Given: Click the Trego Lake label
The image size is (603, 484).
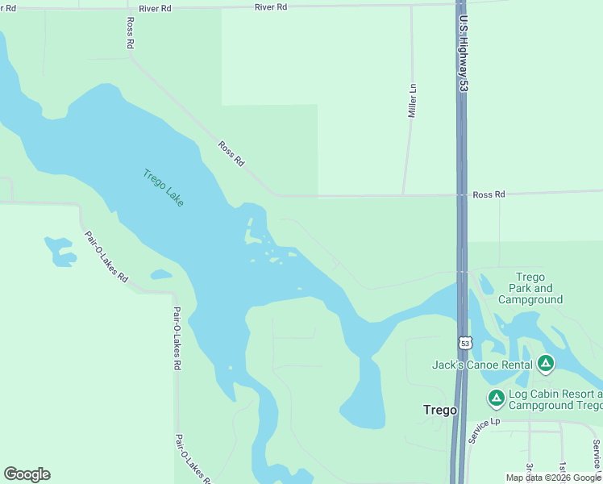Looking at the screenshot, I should pyautogui.click(x=164, y=187).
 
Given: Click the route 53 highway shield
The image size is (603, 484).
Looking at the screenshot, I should pyautogui.click(x=464, y=343).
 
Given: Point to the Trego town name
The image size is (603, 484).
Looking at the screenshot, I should pyautogui.click(x=440, y=410).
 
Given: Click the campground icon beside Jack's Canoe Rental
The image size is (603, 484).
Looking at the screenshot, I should pyautogui.click(x=546, y=365).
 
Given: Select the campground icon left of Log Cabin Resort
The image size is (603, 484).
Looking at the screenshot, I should pyautogui.click(x=497, y=398).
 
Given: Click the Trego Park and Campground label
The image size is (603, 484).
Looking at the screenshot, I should pyautogui.click(x=530, y=288).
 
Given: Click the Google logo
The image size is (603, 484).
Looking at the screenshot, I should pyautogui.click(x=27, y=474).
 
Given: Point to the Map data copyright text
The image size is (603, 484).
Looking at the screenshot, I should pyautogui.click(x=553, y=478).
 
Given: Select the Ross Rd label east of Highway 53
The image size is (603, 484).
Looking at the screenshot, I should pyautogui.click(x=489, y=194).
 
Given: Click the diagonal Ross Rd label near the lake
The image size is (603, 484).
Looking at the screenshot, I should pyautogui.click(x=231, y=153).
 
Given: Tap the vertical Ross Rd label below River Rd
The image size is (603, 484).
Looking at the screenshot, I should pyautogui.click(x=129, y=33).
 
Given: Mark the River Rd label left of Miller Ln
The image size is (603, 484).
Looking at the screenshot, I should pyautogui.click(x=270, y=6).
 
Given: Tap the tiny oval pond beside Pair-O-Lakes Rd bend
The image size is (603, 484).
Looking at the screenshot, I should pyautogui.click(x=160, y=274).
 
